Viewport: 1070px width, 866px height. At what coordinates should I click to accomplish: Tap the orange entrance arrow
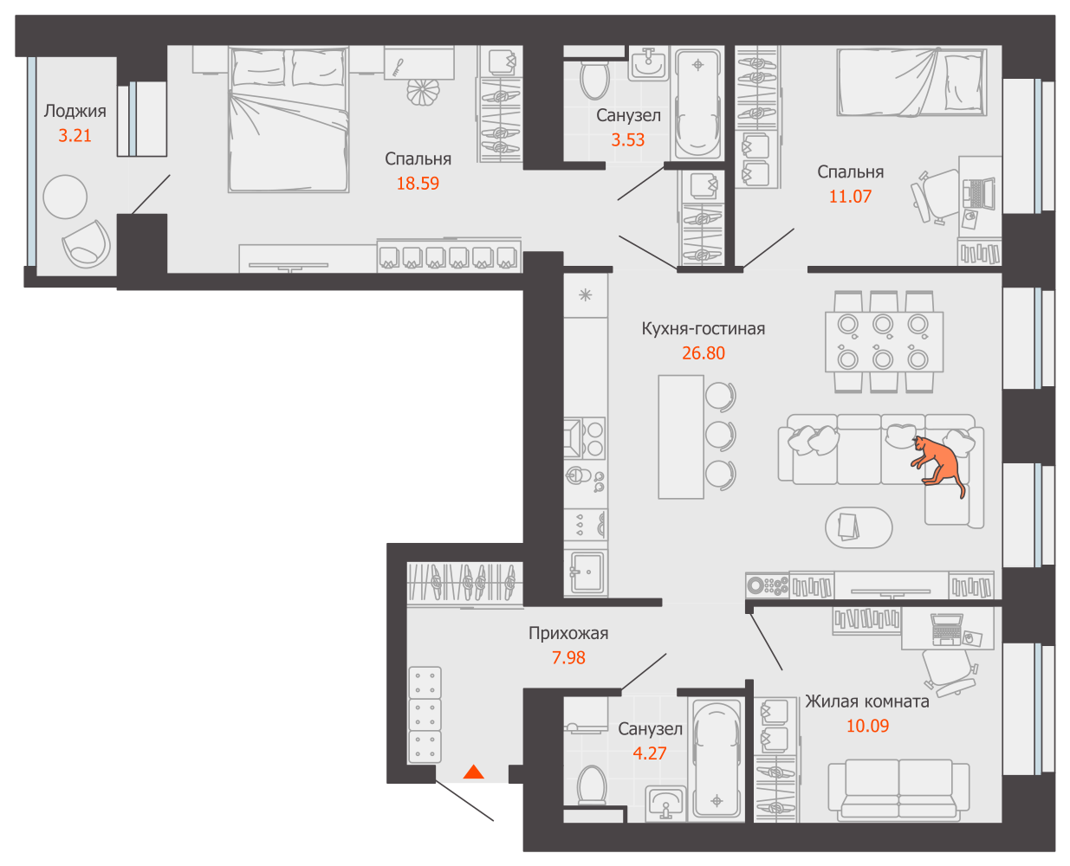[473, 772]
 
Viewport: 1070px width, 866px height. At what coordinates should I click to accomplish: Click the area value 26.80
[703, 353]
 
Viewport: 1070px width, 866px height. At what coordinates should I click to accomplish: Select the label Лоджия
[75, 111]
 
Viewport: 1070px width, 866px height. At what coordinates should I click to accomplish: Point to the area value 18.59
[418, 184]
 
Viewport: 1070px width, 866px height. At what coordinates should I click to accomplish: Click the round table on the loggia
[65, 197]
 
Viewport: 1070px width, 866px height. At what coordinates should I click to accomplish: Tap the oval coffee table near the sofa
[858, 527]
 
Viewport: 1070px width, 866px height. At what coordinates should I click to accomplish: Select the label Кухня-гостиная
[703, 329]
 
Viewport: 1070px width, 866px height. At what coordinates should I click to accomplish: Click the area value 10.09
[867, 726]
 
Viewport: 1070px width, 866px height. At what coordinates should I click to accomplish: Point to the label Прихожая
[568, 634]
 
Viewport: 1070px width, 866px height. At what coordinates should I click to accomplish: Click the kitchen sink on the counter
[586, 572]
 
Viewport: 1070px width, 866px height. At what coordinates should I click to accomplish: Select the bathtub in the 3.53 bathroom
[697, 103]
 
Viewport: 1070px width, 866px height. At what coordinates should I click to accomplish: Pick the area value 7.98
[568, 658]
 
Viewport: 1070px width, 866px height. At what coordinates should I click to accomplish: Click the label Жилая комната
[867, 701]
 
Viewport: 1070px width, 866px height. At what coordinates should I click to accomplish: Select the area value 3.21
[75, 136]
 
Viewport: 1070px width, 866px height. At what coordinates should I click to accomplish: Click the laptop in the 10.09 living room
[946, 628]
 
